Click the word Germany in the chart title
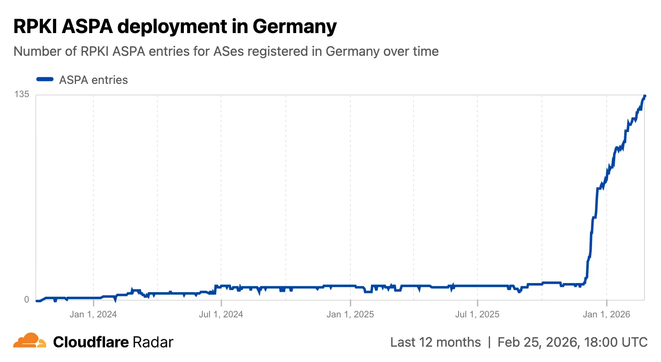294,26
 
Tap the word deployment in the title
172,26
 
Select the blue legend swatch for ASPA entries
45,79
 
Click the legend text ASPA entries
93,80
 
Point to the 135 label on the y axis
22,94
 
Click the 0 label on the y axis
26,300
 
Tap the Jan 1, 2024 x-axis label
93,314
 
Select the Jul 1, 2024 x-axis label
221,314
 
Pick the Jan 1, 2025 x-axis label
350,314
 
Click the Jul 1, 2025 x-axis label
477,314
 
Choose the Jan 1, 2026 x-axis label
606,314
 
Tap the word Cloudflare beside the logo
91,342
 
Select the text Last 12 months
435,342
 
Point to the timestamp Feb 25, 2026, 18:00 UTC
572,342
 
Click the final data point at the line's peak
644,96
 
